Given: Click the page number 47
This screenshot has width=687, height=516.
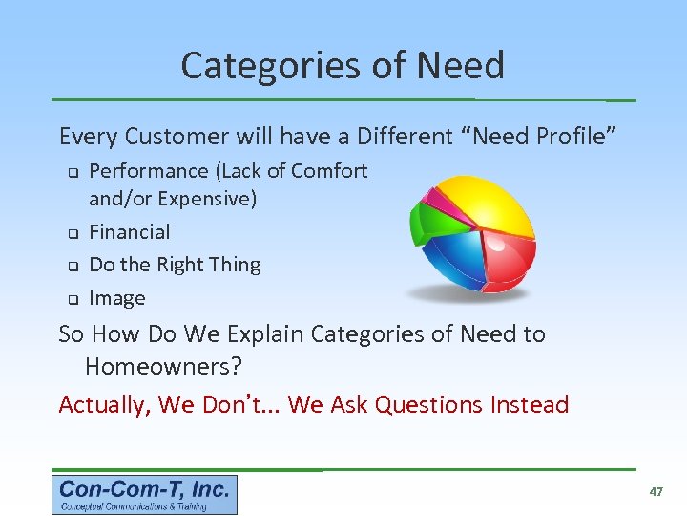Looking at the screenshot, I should (x=656, y=491).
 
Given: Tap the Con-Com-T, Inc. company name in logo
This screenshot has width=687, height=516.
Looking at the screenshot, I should (x=144, y=489).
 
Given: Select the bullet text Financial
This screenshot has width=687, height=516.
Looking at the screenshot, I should (x=129, y=232).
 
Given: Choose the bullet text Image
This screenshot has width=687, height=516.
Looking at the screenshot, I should (x=116, y=298).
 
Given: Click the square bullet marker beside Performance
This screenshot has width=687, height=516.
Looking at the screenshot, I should (x=70, y=173).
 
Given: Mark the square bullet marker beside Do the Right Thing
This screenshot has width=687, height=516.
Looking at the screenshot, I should (x=70, y=267).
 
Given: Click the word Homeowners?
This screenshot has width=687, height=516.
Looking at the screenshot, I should (x=163, y=367).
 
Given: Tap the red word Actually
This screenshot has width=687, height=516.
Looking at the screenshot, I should (x=104, y=405).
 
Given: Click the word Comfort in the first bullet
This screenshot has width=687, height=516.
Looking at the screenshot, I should (x=329, y=171).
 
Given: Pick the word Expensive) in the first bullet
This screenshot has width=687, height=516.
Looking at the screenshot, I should (x=207, y=200).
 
